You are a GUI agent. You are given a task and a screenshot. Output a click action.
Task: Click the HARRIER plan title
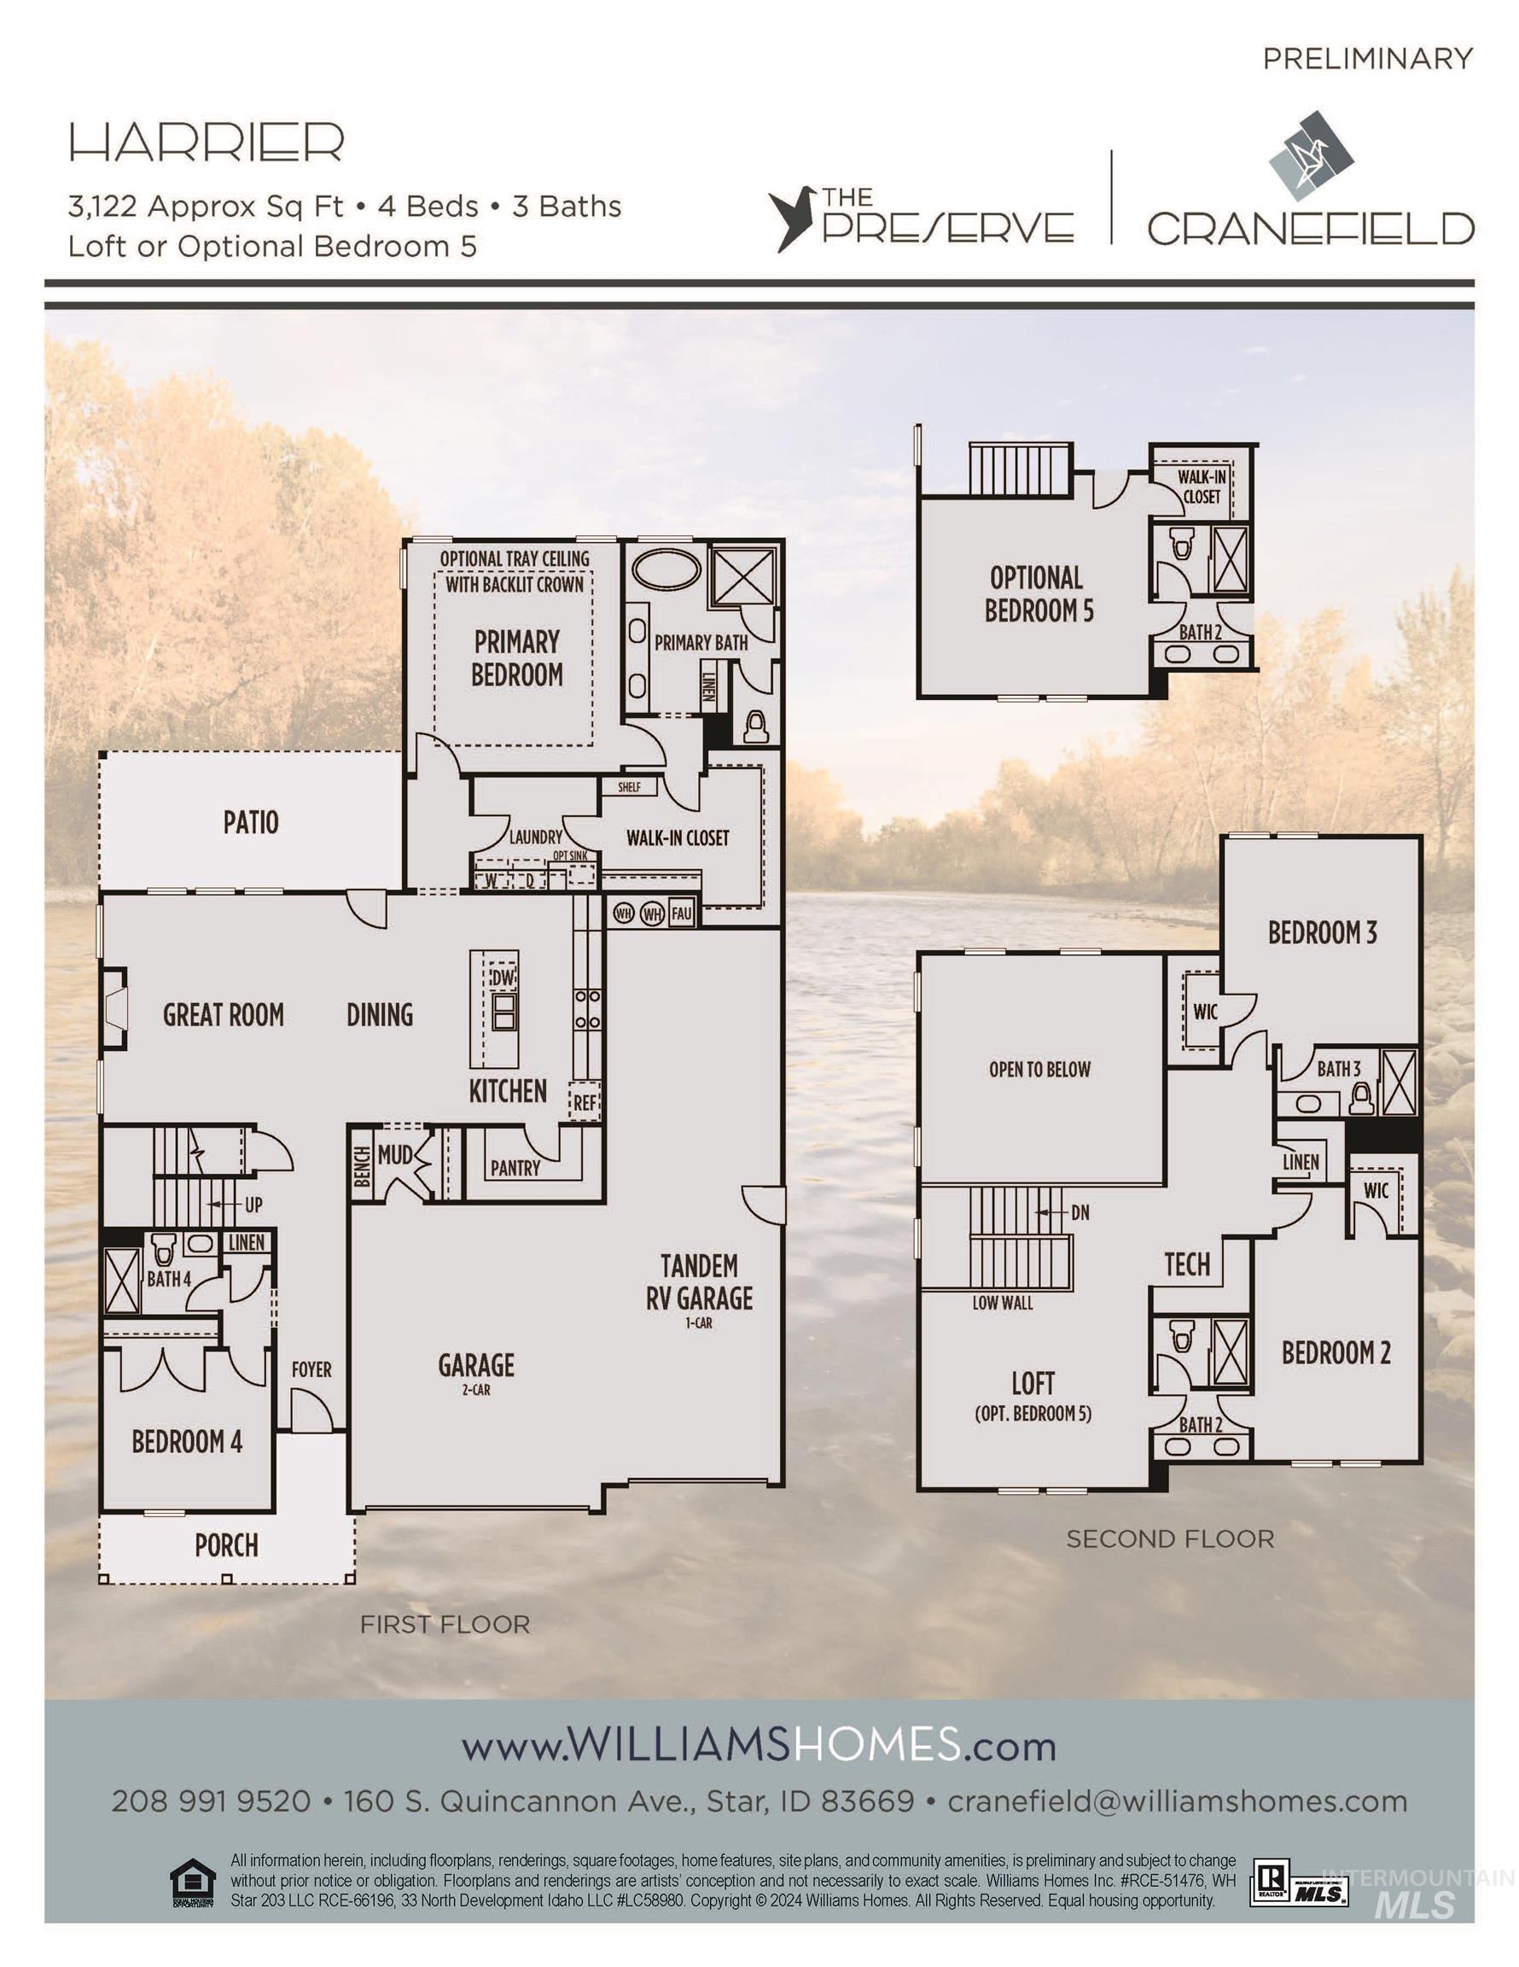[x=207, y=143]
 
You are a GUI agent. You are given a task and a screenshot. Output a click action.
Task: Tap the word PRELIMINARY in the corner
[x=1367, y=59]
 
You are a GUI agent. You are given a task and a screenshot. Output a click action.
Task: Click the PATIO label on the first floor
[x=250, y=822]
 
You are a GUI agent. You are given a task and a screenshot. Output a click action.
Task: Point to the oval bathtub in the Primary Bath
[x=666, y=570]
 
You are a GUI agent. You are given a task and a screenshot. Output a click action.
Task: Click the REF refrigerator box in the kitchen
[x=585, y=1101]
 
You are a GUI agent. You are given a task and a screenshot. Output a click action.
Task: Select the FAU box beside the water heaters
[x=681, y=913]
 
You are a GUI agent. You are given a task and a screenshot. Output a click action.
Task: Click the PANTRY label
[x=515, y=1168]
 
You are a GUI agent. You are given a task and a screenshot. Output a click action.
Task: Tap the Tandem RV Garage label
[x=699, y=1281]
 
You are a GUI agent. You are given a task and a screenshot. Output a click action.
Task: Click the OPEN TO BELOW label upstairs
[x=1039, y=1069]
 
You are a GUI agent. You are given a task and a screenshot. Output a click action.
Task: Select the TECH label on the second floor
[x=1187, y=1264]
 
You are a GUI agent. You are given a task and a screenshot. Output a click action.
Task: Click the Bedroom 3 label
[x=1322, y=932]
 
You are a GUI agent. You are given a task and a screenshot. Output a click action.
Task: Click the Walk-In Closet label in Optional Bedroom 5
[x=1202, y=487]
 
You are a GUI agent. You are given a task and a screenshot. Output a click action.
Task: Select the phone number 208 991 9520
[x=211, y=1801]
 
